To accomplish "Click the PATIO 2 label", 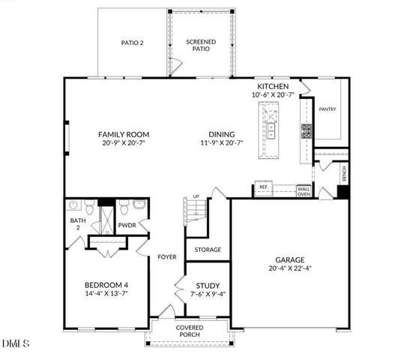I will [132, 43].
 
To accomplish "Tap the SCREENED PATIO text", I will [201, 45].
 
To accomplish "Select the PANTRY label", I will [328, 109].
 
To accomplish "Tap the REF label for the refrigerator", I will [264, 187].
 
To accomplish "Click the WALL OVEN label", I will [304, 191].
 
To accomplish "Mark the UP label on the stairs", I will [196, 197].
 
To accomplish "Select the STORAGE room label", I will [207, 249].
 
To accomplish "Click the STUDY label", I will [207, 285].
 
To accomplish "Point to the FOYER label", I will [166, 256].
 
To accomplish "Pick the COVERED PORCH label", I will [190, 331].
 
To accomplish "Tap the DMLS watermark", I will [15, 344].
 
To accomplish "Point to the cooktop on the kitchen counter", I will [306, 132].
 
